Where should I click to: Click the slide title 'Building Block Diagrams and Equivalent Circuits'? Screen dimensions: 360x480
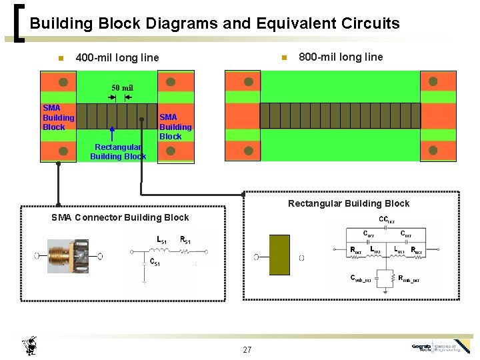[x=215, y=24]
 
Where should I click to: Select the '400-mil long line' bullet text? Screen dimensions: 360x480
[x=117, y=57]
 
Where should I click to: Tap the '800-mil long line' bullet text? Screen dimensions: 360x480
[x=341, y=57]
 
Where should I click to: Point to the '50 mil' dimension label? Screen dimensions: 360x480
[x=122, y=88]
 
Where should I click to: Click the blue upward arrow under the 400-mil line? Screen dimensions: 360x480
[x=113, y=133]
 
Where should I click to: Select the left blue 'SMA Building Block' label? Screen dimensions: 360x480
[x=58, y=117]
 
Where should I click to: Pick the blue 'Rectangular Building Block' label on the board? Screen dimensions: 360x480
[x=118, y=151]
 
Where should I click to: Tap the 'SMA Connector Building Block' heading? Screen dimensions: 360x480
[x=120, y=217]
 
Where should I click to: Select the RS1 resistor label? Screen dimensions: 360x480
[x=185, y=239]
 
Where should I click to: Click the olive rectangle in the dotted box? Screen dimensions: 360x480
[x=279, y=255]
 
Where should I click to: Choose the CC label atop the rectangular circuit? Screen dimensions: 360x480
[x=387, y=219]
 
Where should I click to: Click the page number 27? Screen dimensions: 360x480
[x=247, y=349]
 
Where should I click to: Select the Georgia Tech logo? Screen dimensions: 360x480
[x=441, y=347]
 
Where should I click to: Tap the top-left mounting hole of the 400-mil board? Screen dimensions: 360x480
[x=63, y=83]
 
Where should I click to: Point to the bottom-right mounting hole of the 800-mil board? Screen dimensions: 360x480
[x=437, y=151]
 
